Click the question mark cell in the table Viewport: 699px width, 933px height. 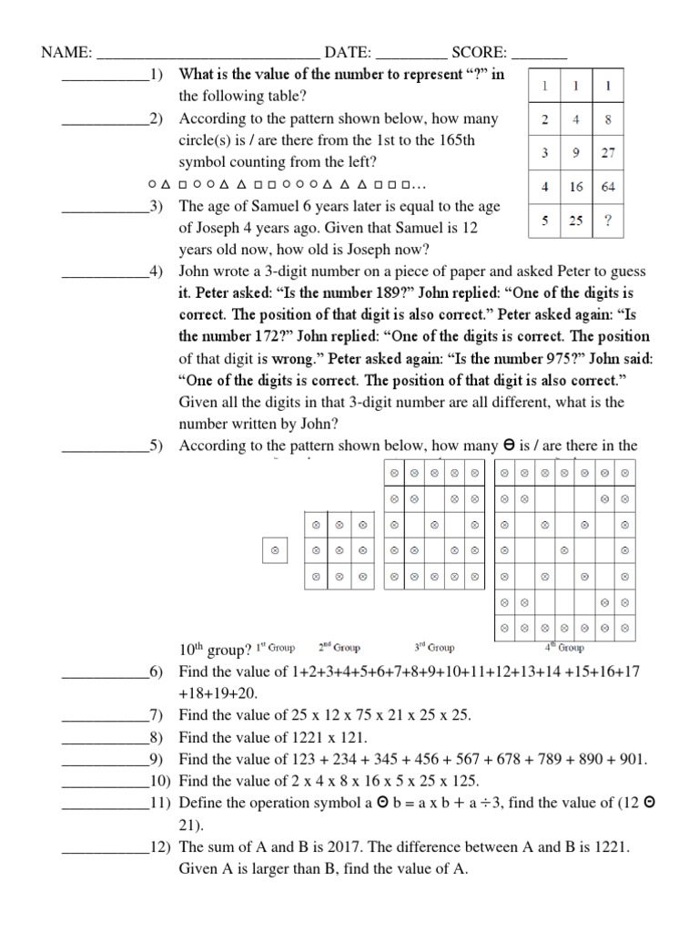[x=608, y=220]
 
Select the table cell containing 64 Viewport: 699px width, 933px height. [x=608, y=187]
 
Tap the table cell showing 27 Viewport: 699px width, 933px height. [x=608, y=153]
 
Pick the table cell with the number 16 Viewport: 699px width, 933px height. [x=576, y=187]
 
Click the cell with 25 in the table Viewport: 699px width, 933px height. [x=576, y=220]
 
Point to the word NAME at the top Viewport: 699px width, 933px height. [x=66, y=54]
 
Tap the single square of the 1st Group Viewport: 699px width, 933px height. [x=274, y=549]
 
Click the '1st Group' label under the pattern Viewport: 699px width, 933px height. [x=276, y=648]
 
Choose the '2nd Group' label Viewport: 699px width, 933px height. [x=339, y=648]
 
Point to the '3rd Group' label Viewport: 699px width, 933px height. [x=434, y=648]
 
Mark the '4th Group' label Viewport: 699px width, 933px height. [x=564, y=648]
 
